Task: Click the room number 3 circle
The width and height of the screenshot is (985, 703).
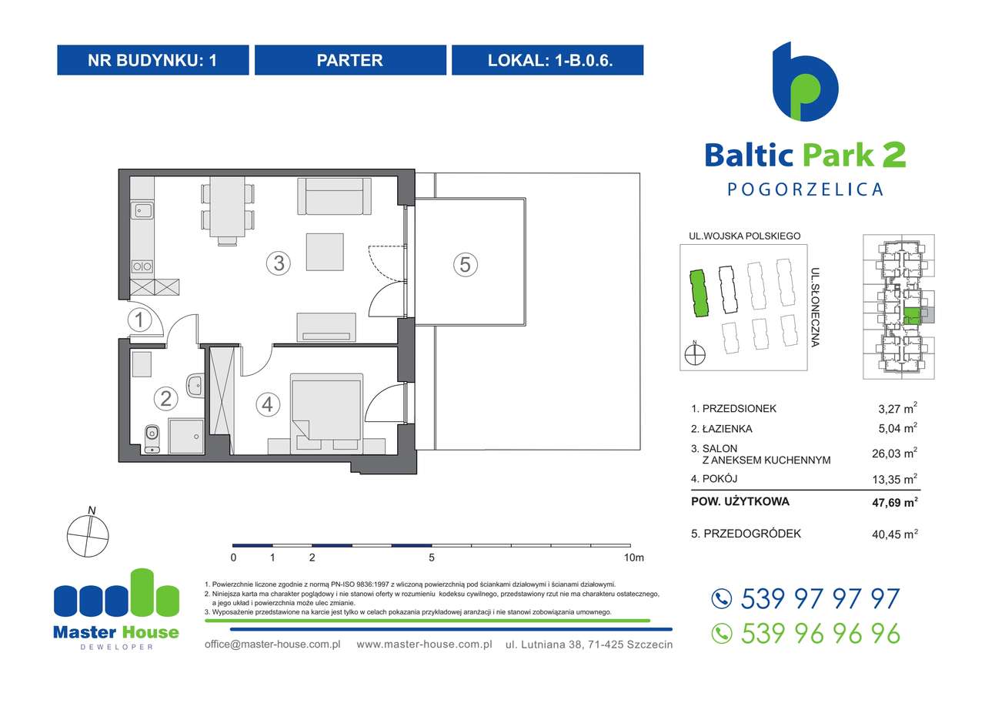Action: (x=279, y=263)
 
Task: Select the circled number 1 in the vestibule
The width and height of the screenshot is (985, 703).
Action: (x=139, y=320)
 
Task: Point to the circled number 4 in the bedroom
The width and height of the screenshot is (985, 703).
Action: (x=267, y=403)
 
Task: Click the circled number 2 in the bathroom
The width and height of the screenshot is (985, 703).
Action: (x=165, y=398)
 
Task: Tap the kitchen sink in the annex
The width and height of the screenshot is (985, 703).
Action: (x=142, y=209)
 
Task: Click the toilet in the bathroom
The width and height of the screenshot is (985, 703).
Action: (x=152, y=435)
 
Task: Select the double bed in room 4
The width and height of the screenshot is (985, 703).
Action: (x=326, y=407)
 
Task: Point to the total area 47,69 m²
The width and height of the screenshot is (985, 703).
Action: (x=897, y=503)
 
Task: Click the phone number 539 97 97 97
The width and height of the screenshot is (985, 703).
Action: (x=819, y=599)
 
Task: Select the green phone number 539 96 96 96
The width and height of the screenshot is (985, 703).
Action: (x=819, y=633)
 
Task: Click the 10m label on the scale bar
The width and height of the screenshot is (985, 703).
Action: (x=633, y=557)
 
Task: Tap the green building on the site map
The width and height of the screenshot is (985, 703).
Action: (x=698, y=293)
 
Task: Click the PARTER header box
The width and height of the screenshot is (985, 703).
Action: (x=350, y=60)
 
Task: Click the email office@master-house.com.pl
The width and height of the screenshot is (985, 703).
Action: (x=272, y=644)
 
